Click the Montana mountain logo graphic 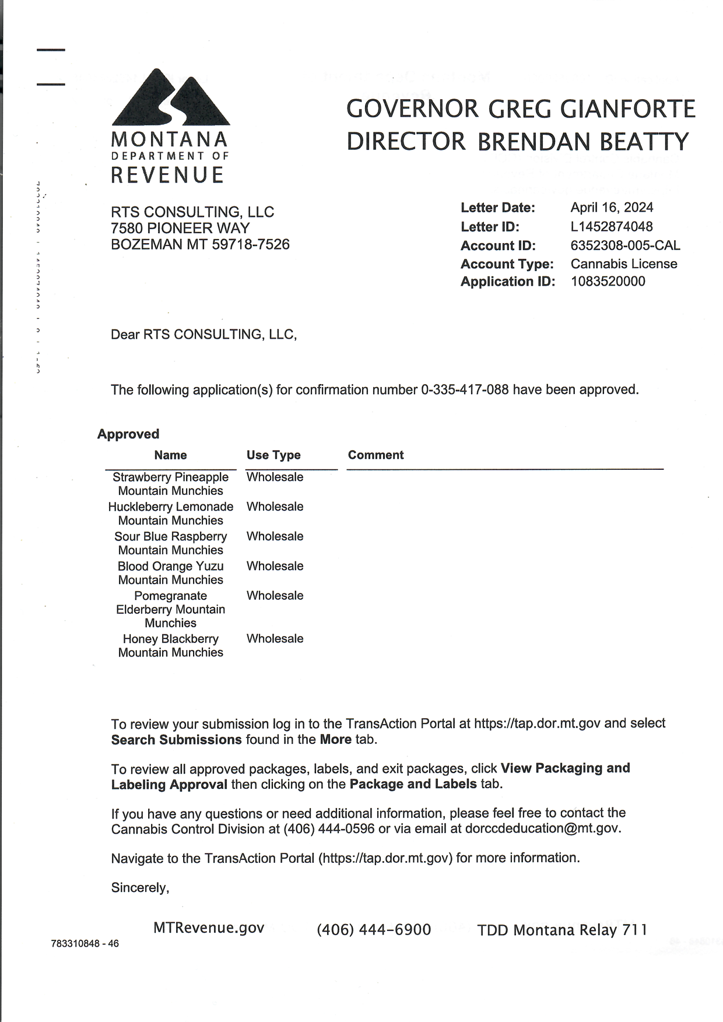(170, 97)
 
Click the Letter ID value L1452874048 (611, 227)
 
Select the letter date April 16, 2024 (612, 208)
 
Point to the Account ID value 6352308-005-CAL (625, 245)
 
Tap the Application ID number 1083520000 (608, 282)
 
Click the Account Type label (507, 264)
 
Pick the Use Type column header (273, 455)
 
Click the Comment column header (375, 455)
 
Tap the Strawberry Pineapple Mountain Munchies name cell (170, 484)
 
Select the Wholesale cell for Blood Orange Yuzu (275, 566)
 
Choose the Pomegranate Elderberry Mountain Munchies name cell (170, 609)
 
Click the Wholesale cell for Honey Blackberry (275, 639)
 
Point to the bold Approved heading (128, 434)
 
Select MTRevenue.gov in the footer (209, 928)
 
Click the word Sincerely (140, 888)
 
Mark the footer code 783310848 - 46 (85, 943)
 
